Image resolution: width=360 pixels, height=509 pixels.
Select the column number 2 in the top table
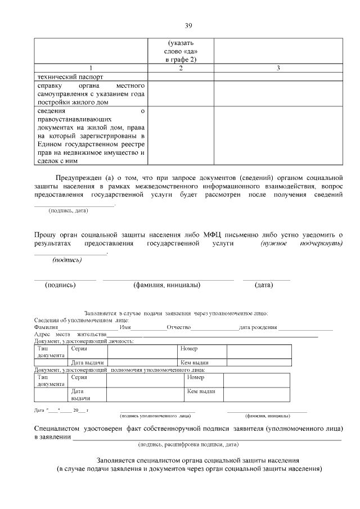point(180,69)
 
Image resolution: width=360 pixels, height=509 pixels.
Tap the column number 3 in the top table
point(278,69)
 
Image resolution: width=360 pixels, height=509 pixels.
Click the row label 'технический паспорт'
point(71,76)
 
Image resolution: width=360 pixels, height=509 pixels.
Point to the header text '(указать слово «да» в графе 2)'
point(180,51)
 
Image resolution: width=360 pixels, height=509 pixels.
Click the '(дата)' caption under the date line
point(264,285)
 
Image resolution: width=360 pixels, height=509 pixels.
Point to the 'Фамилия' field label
point(46,327)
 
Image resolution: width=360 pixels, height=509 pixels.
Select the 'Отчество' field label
point(179,327)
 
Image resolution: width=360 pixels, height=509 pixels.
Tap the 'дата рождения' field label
point(258,327)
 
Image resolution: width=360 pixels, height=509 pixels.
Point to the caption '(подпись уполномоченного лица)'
point(155,416)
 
